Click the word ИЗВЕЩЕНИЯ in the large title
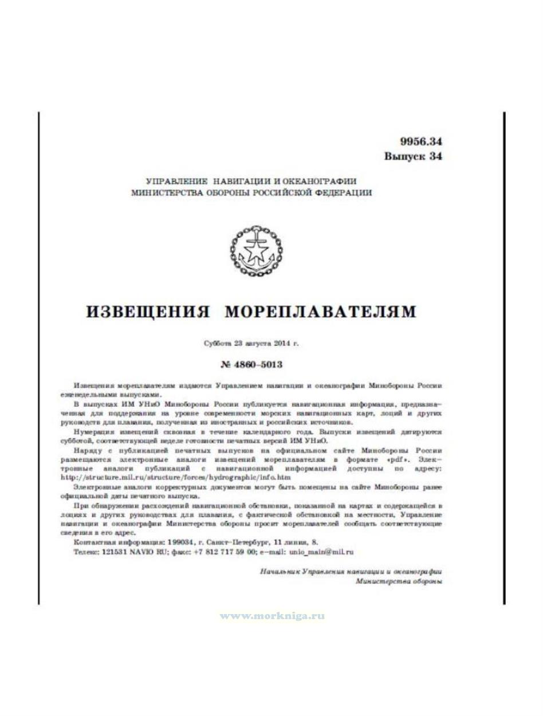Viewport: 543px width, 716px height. coord(148,312)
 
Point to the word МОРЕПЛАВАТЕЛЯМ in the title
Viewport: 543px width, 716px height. coord(320,312)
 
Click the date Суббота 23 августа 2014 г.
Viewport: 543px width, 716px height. coord(251,344)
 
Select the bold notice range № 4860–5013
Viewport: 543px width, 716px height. coord(251,364)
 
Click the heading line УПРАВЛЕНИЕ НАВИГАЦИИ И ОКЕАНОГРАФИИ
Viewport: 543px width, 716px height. coord(251,180)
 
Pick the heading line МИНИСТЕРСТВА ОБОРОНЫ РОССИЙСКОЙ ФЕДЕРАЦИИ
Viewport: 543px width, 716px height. coord(251,193)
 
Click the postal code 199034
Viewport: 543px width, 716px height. coord(179,541)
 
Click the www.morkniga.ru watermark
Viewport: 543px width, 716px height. coord(272,616)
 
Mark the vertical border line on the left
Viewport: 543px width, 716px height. coord(39,358)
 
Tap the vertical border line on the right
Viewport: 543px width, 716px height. coord(504,358)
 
